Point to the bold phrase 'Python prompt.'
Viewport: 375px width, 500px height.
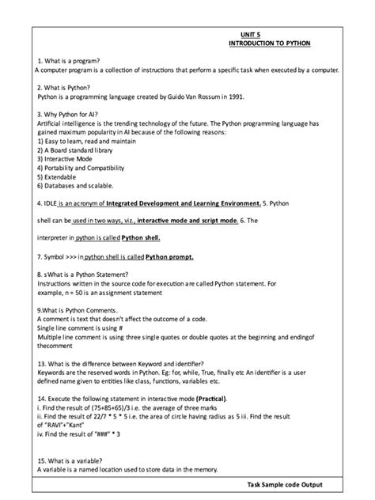(170, 256)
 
